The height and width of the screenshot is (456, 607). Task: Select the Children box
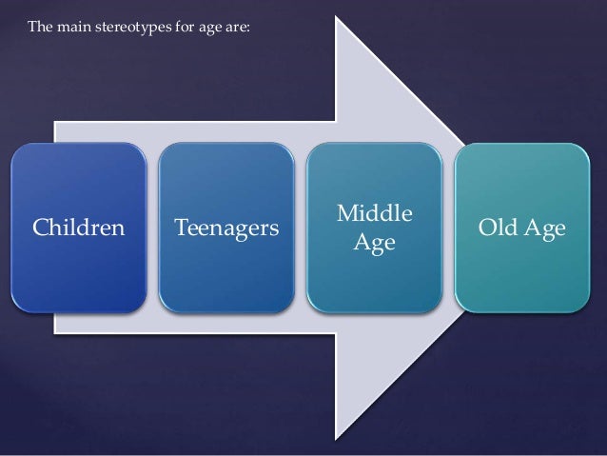coord(80,228)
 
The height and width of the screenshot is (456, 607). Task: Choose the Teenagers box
coord(226,228)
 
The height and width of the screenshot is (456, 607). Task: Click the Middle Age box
coord(373,228)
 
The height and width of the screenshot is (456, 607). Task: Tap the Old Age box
coord(522,228)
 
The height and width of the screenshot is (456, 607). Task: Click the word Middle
coord(374,214)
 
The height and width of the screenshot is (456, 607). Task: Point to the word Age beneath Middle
coord(374,244)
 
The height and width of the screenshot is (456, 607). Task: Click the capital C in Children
coord(41,229)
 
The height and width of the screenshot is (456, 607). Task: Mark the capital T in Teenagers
coord(180,229)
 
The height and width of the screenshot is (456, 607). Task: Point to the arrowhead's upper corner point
coord(340,19)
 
